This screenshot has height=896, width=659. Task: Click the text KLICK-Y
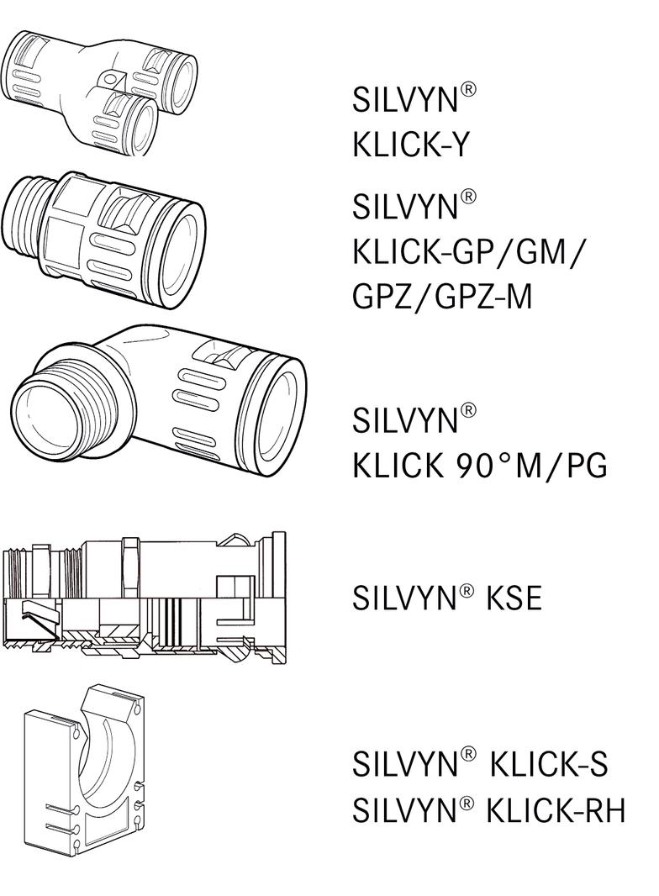point(410,145)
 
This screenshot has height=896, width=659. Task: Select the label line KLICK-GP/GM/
point(477,250)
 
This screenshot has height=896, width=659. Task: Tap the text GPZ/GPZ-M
point(442,296)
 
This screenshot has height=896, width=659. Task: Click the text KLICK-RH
point(556,811)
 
